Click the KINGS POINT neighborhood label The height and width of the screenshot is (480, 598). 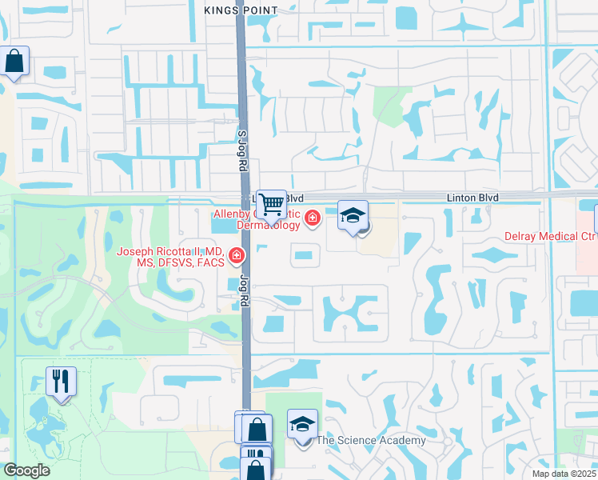[241, 10]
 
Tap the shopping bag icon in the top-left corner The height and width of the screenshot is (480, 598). [14, 60]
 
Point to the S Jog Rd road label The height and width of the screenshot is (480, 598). [241, 151]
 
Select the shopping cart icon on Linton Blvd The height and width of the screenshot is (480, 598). [272, 204]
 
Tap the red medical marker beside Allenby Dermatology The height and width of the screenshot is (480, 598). [312, 218]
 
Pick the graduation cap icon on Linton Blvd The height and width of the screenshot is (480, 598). [353, 214]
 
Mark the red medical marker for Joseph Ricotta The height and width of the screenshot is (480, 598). [237, 256]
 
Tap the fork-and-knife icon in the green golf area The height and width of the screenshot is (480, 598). [61, 382]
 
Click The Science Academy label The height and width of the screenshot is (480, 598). [370, 440]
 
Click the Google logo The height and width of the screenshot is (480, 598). [26, 470]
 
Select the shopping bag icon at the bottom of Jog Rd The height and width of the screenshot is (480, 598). [257, 429]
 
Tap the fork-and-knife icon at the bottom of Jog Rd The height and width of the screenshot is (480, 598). [256, 462]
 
